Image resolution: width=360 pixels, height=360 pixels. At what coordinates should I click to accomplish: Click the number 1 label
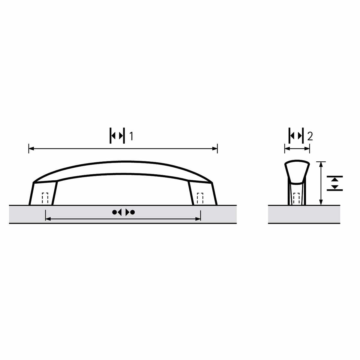pos(131,136)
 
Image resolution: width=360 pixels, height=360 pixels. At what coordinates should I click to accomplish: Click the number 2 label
pos(310,136)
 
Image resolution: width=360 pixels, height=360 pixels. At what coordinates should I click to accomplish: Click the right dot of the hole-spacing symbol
pos(133,212)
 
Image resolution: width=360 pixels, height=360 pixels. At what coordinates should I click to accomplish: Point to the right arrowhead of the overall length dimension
pos(215,149)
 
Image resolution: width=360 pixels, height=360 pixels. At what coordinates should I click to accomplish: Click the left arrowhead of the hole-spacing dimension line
pos(48,219)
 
